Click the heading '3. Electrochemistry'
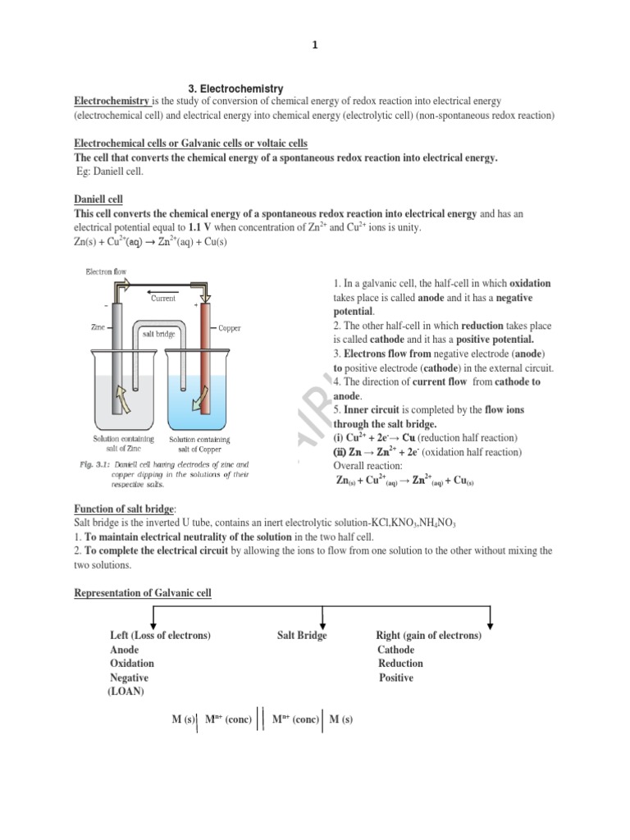click(x=231, y=88)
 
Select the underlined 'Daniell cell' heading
click(x=98, y=199)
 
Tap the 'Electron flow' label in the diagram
click(x=106, y=271)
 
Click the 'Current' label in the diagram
click(x=164, y=299)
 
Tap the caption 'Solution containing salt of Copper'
click(x=195, y=444)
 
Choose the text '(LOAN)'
click(x=126, y=692)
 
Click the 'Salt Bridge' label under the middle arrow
click(x=301, y=636)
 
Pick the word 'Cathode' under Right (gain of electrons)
click(x=395, y=650)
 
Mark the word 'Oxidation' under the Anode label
click(x=132, y=664)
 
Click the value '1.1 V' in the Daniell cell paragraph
click(x=200, y=227)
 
